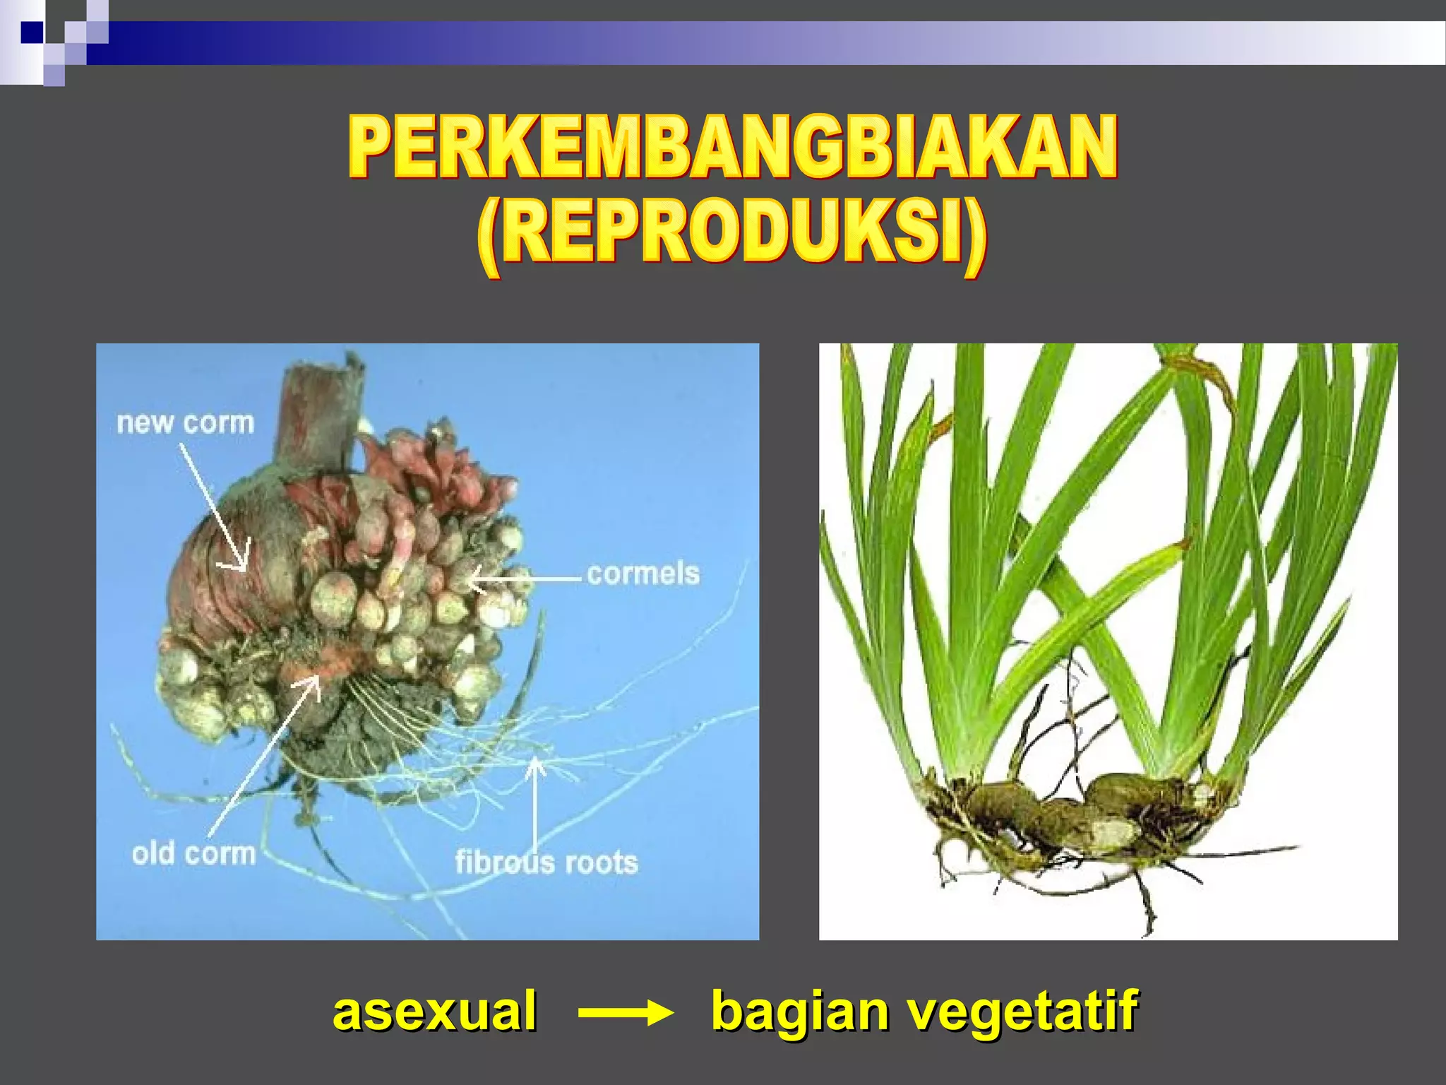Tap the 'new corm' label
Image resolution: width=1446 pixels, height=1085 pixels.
(x=185, y=423)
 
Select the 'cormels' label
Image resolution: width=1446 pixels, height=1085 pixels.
(x=643, y=574)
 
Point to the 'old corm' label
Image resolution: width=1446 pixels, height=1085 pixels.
(x=193, y=854)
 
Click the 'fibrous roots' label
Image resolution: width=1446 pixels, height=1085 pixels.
(x=546, y=862)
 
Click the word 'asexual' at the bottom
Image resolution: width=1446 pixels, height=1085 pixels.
(x=434, y=1010)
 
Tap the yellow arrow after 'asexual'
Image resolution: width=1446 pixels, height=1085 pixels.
(x=625, y=1014)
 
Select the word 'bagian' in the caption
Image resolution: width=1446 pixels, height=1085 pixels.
(x=799, y=1012)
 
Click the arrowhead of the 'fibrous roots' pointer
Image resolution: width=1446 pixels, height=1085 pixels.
(x=536, y=763)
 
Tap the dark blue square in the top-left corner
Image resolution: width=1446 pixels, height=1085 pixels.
(x=31, y=32)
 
